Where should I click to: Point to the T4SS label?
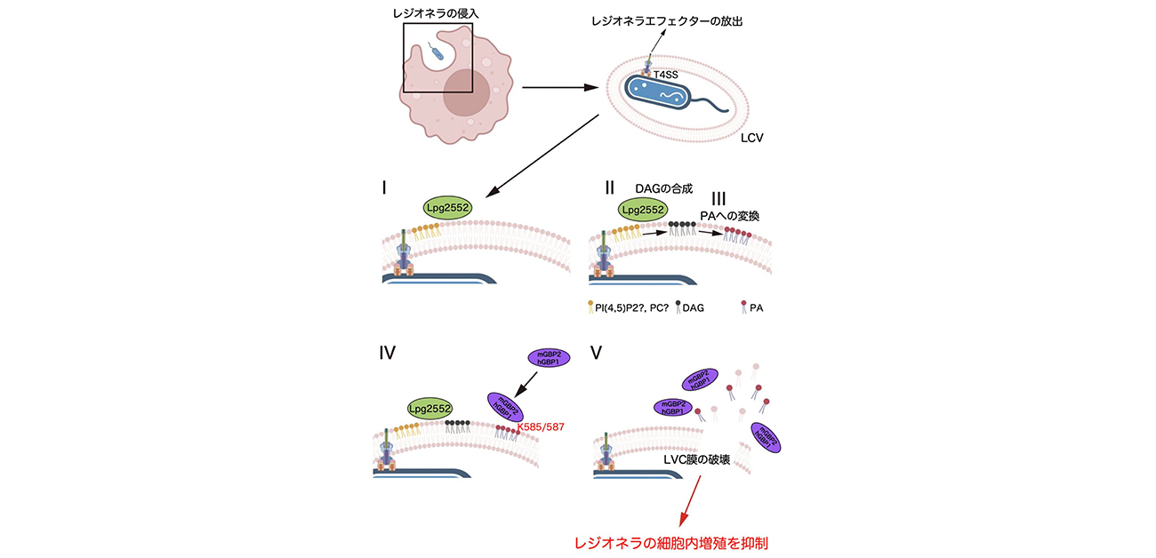click(667, 76)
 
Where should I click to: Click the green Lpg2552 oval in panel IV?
click(429, 408)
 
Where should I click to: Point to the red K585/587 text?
click(545, 427)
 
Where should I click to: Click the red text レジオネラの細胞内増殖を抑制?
click(670, 542)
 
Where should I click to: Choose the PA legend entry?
click(753, 307)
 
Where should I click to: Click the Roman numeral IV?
click(388, 353)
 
